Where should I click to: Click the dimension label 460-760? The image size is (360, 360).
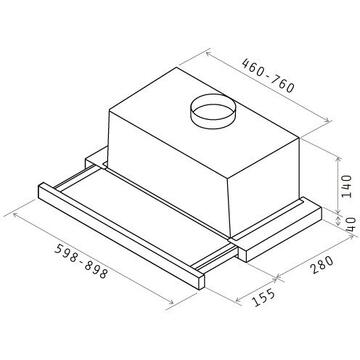[268, 76]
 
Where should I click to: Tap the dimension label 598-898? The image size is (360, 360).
[81, 261]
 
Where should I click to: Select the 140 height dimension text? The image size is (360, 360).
[347, 186]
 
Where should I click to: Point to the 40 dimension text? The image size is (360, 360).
[351, 225]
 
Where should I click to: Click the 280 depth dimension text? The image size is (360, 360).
[323, 265]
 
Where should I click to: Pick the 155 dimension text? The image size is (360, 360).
[264, 297]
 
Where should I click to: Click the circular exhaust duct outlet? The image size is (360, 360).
[213, 111]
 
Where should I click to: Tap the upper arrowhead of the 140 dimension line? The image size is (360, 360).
[338, 159]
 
